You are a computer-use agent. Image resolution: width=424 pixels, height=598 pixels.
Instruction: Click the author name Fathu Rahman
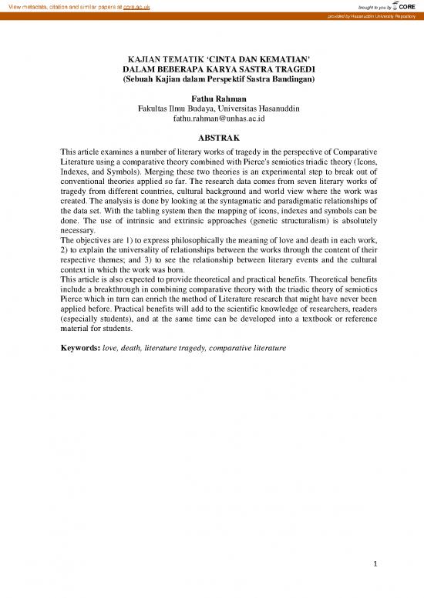212,99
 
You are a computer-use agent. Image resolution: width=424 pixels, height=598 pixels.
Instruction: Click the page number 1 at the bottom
373,564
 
